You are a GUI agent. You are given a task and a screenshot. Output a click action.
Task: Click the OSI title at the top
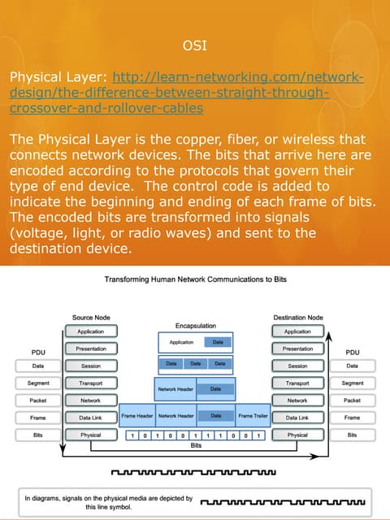point(195,45)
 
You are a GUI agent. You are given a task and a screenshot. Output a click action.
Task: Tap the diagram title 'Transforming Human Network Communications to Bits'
point(195,279)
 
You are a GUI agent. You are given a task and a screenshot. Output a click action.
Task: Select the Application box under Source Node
point(90,331)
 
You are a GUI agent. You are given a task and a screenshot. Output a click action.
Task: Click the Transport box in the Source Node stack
point(90,383)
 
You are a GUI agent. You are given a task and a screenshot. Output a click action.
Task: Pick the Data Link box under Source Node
point(90,418)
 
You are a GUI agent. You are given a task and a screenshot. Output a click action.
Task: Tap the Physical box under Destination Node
point(297,435)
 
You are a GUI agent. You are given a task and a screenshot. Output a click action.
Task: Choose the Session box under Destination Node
point(297,366)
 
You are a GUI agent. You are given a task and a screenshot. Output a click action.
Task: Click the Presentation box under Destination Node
point(297,349)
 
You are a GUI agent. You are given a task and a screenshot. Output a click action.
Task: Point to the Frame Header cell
point(137,416)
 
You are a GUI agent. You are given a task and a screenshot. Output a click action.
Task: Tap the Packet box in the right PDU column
point(352,401)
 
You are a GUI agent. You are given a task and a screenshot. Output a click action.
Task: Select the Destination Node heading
point(297,318)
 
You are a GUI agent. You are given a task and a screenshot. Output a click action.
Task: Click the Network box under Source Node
point(90,401)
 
